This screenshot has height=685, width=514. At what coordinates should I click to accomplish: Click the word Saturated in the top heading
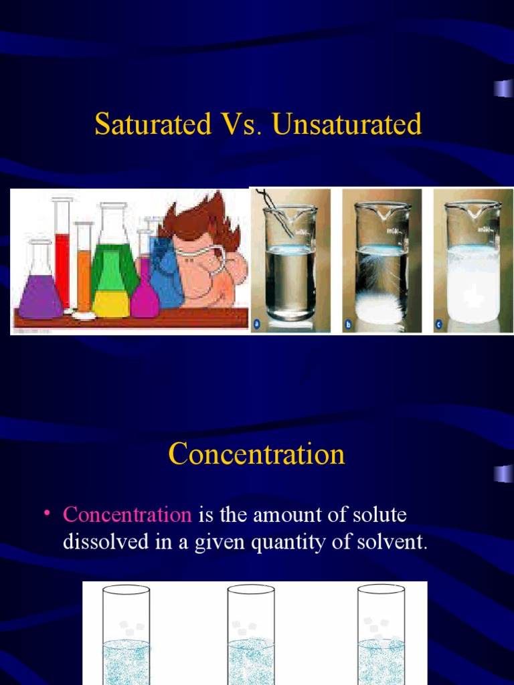[x=152, y=124]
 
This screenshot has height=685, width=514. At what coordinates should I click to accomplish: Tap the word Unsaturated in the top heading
[x=347, y=124]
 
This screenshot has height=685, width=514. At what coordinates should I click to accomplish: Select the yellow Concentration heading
[x=257, y=454]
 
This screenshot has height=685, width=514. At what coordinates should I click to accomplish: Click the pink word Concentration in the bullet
[x=127, y=515]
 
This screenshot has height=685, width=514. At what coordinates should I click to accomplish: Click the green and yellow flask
[x=113, y=274]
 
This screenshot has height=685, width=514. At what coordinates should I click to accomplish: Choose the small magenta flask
[x=145, y=294]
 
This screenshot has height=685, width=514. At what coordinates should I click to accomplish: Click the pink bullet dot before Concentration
[x=48, y=512]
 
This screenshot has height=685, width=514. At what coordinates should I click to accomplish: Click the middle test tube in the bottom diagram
[x=251, y=635]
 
